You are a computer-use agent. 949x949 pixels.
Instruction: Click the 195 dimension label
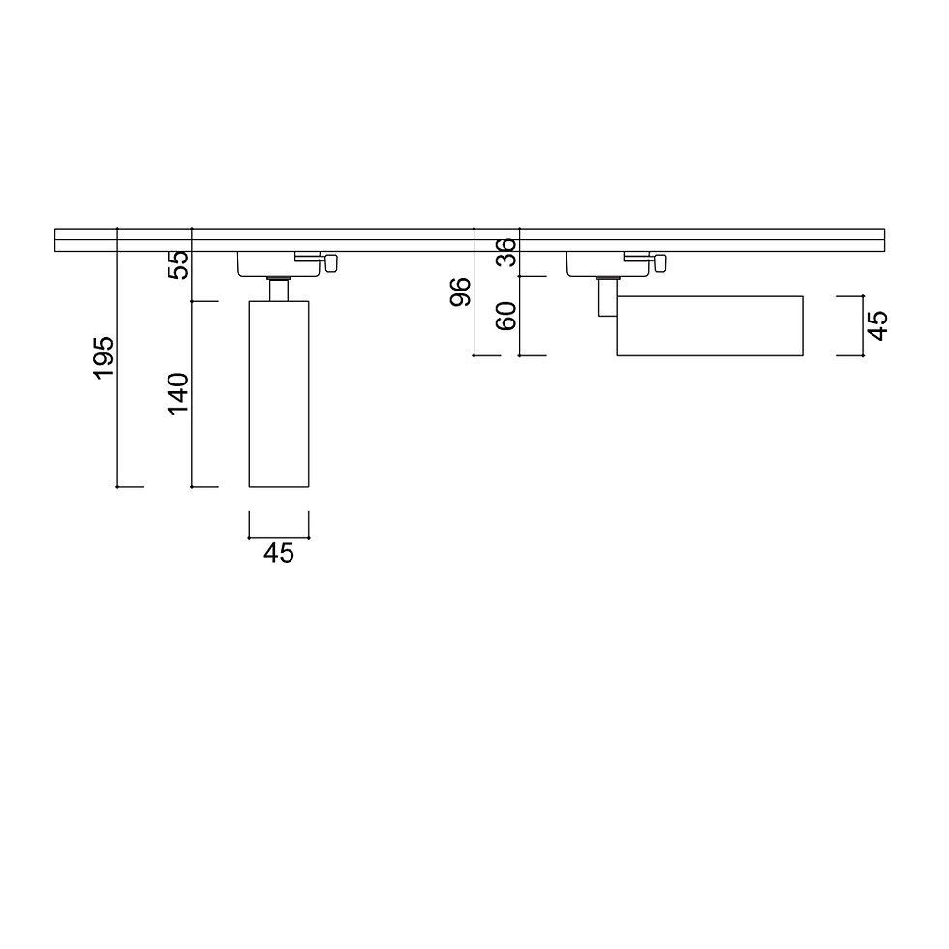104,356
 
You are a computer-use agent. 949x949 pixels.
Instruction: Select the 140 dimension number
178,394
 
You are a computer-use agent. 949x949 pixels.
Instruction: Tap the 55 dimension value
178,264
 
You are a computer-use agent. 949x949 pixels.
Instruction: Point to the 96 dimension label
461,291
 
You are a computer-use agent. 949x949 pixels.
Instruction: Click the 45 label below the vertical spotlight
279,553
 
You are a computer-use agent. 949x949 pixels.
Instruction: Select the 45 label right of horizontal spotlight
877,325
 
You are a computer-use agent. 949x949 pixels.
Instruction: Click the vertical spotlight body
279,393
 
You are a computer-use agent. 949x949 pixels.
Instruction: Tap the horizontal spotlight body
710,325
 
